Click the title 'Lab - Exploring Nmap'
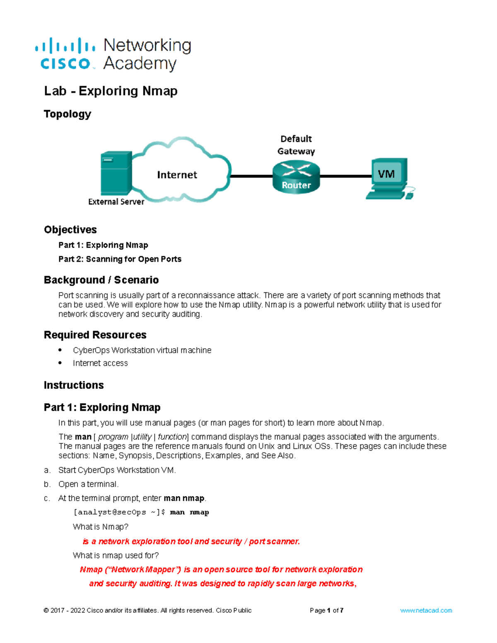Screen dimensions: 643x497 coord(111,91)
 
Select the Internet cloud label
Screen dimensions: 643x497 coord(177,175)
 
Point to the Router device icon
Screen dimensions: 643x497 coord(296,177)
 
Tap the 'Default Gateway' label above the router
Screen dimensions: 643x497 coord(296,145)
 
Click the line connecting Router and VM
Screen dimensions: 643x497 coord(346,176)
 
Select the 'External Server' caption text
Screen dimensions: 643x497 coord(116,202)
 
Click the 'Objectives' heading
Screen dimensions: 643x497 coord(70,230)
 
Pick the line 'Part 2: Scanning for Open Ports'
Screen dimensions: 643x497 coord(120,259)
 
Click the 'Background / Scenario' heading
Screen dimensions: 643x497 coord(101,280)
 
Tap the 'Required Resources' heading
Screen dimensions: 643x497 coord(95,335)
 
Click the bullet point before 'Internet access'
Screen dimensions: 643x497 coord(60,363)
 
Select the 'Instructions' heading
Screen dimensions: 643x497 coord(74,385)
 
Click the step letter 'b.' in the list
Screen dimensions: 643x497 coord(47,484)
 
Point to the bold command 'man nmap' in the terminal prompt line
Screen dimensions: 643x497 coord(189,512)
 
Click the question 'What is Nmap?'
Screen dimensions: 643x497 coord(101,527)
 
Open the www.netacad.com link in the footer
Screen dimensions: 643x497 coord(426,611)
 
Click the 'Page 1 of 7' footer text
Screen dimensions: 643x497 coord(326,611)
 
